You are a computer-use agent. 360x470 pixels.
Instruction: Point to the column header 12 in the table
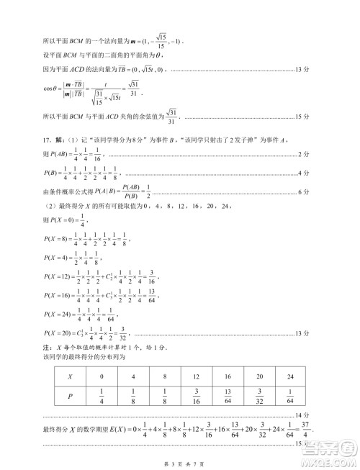[x=196, y=376]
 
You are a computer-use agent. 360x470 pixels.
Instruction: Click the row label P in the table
[x=69, y=397]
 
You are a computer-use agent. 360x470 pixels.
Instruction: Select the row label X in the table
[x=69, y=376]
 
